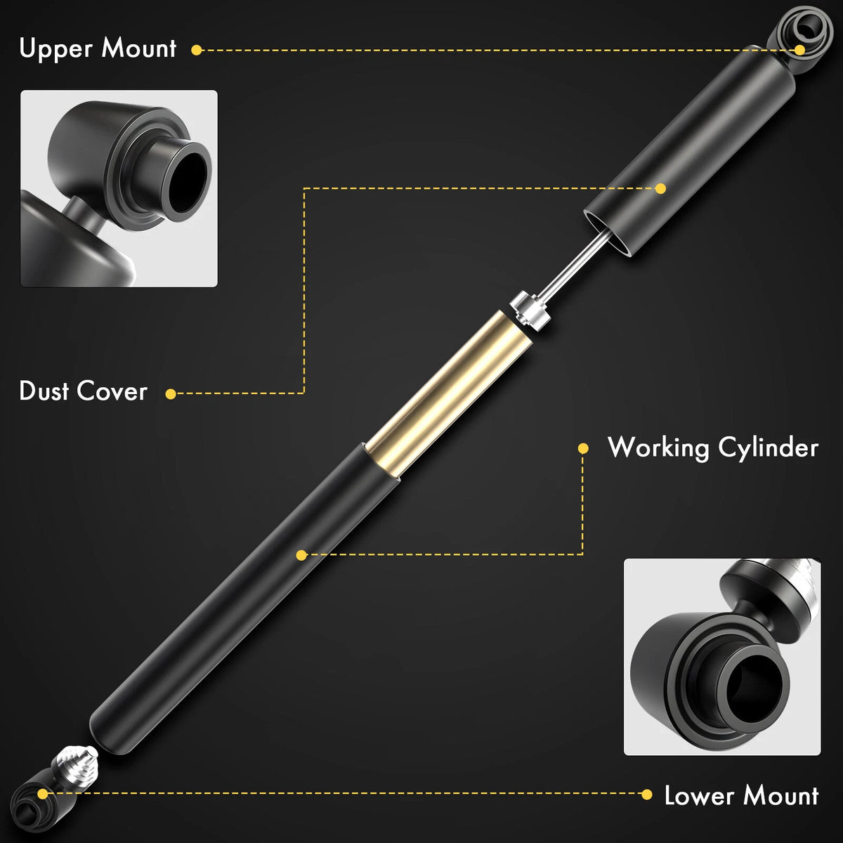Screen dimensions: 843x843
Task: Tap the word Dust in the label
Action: coord(44,391)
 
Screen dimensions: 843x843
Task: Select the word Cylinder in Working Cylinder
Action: coord(769,448)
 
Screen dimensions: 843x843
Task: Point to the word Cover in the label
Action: coord(112,391)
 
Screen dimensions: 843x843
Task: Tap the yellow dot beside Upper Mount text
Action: coord(197,50)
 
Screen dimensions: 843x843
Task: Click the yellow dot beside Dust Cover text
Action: coord(171,393)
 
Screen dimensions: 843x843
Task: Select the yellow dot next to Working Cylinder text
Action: coord(582,448)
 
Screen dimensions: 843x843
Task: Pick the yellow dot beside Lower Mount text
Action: coord(646,795)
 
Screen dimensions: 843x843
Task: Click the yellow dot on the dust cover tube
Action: coord(660,188)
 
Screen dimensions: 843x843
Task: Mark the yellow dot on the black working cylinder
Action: coord(301,555)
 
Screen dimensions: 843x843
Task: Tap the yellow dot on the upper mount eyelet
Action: coord(799,50)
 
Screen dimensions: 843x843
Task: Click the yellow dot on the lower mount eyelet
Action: coord(42,794)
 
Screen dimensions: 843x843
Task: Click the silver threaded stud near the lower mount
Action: coord(74,764)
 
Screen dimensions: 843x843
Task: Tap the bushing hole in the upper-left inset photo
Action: coord(188,180)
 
